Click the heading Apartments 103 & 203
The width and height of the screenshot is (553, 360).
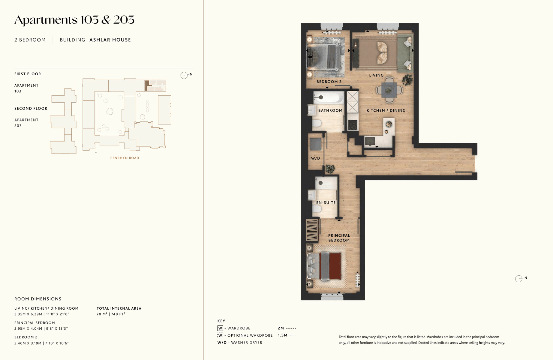click(x=74, y=20)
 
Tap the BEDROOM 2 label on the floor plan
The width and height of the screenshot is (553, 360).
click(x=329, y=82)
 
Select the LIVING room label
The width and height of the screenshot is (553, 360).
click(x=376, y=75)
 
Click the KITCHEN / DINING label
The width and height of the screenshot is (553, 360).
click(x=386, y=110)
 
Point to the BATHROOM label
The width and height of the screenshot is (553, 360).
click(x=330, y=110)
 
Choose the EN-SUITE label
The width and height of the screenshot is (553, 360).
click(x=326, y=202)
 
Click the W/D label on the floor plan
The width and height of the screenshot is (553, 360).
click(x=315, y=158)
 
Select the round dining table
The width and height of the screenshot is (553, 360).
click(x=389, y=90)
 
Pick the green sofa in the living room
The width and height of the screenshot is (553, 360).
click(x=405, y=53)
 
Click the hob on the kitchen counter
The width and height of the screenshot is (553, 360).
click(x=353, y=125)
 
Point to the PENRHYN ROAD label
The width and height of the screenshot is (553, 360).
click(x=125, y=158)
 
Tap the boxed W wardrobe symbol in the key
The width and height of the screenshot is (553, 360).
click(x=220, y=328)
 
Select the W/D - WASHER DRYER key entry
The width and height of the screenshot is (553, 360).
click(x=240, y=343)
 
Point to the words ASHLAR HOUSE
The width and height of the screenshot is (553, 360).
click(x=110, y=40)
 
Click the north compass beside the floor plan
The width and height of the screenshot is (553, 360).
click(x=519, y=279)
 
